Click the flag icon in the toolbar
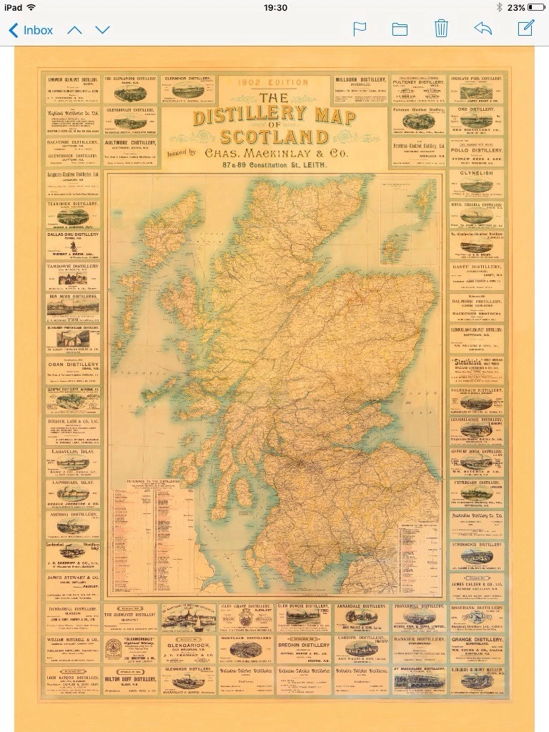[360, 29]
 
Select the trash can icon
[441, 29]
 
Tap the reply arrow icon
[483, 29]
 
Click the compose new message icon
[525, 29]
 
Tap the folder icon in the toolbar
[400, 29]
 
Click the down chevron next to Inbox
[103, 30]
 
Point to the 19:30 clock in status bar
[274, 7]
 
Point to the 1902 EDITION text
[274, 84]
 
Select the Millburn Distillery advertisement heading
[360, 80]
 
